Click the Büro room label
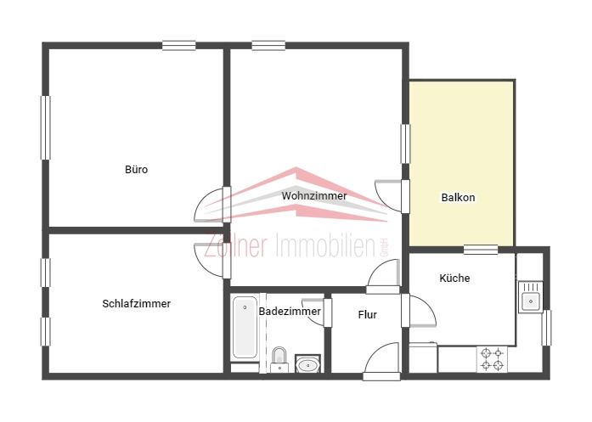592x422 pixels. coord(136,169)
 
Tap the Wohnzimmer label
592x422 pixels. coord(313,196)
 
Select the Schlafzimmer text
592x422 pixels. coord(136,303)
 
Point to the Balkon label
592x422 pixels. coord(458,197)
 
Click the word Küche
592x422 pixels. coord(454,279)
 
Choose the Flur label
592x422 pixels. coord(368,314)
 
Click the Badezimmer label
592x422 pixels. coord(290,312)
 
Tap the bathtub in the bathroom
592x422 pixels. coord(245,328)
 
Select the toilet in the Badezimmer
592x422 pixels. coord(279,359)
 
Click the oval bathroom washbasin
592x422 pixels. coord(307,364)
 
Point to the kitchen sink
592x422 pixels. coord(531,297)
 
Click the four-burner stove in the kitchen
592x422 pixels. coord(492,359)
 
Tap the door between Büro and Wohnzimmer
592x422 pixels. coord(212,205)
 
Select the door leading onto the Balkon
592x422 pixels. coord(392,196)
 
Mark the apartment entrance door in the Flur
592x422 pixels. coord(381,361)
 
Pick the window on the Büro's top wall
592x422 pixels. coord(179,46)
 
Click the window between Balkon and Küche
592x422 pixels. coord(481,250)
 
